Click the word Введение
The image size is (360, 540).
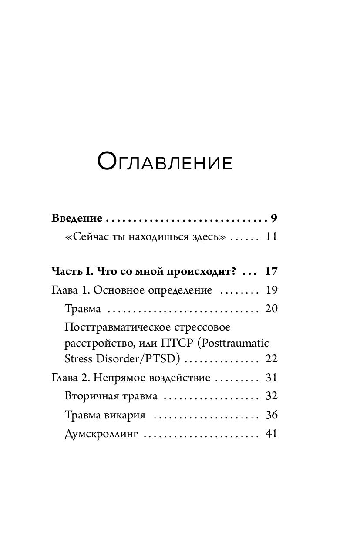pos(77,218)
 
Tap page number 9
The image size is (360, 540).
pos(274,218)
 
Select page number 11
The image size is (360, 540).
pos(271,237)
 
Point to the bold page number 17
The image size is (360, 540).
pos(271,271)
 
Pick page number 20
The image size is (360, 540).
pos(271,309)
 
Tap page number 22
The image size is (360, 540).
pos(271,359)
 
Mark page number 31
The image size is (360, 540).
pos(271,378)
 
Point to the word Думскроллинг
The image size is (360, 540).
pos(101,434)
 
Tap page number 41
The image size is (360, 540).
pos(271,434)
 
